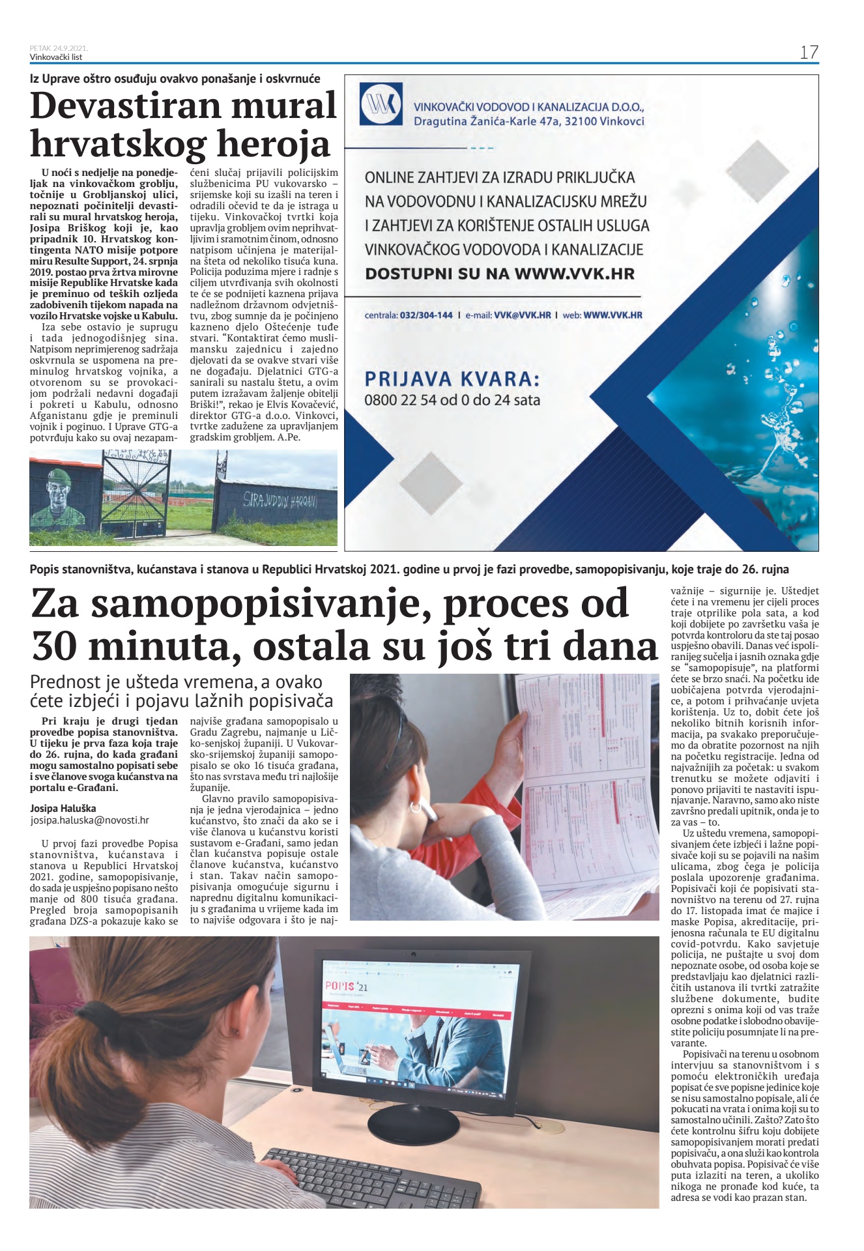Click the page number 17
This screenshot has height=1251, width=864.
[x=809, y=53]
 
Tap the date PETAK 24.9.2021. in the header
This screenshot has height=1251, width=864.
[x=59, y=48]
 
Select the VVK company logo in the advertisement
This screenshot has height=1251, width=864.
[x=381, y=104]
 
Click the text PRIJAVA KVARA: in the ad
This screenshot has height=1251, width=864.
[x=452, y=379]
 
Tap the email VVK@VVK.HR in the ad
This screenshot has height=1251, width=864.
[x=522, y=315]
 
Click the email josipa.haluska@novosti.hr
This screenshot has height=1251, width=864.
[x=89, y=821]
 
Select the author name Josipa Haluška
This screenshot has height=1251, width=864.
[x=63, y=809]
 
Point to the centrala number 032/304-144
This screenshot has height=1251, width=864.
[x=427, y=315]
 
